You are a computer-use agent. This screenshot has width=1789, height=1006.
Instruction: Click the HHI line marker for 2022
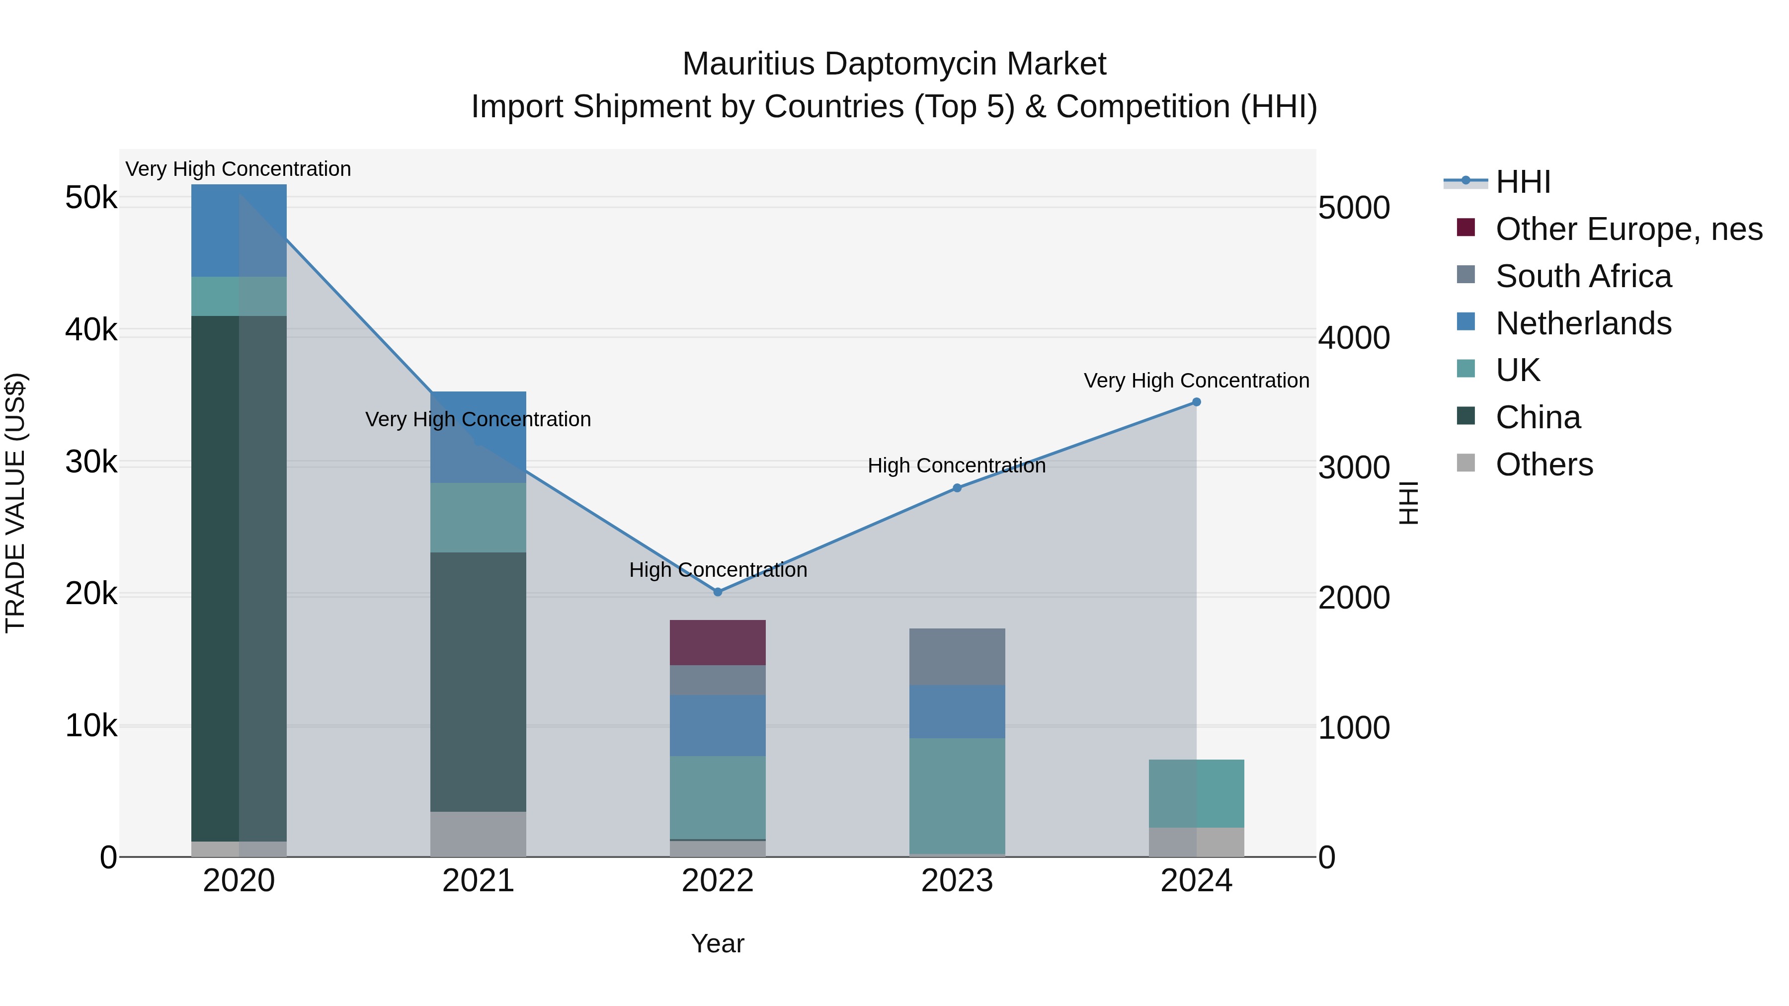718,592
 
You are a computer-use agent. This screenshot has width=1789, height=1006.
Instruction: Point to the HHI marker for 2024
1196,402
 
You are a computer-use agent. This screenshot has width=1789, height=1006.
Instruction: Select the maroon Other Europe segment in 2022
718,642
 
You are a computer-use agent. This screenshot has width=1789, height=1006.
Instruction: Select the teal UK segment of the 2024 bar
1196,793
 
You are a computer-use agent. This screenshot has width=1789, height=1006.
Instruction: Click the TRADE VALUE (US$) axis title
15,503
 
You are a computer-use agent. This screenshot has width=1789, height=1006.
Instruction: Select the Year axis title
718,943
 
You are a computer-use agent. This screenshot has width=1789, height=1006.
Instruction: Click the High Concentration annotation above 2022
718,570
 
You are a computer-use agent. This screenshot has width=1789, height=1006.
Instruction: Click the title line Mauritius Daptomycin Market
894,64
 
